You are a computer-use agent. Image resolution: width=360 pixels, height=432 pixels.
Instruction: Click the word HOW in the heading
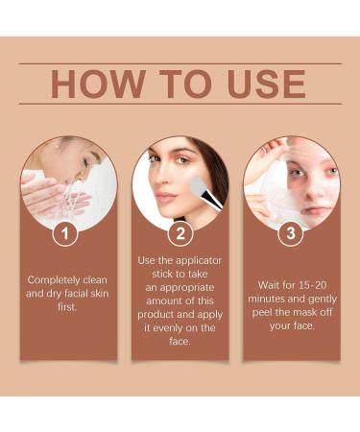pos(97,84)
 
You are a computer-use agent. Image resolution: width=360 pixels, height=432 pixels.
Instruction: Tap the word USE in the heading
pos(266,84)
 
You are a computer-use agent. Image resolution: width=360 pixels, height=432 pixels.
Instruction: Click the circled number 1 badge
pos(65,233)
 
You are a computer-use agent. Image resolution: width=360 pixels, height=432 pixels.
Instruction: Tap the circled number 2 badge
pos(180,233)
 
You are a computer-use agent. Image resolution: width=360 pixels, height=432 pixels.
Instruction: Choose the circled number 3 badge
pos(291,233)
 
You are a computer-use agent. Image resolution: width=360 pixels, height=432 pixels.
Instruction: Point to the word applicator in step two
pos(199,261)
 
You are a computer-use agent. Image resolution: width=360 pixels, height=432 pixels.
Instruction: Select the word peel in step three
pos(261,313)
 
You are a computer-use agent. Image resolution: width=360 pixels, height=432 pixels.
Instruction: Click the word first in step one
pos(67,307)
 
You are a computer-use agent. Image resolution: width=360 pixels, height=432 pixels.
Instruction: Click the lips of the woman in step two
pos(166,197)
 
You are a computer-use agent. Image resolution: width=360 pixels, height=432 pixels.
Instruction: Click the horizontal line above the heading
pos(180,63)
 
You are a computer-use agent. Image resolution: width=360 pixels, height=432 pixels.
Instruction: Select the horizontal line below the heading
pos(180,104)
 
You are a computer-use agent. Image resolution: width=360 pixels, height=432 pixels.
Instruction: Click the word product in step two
pos(156,315)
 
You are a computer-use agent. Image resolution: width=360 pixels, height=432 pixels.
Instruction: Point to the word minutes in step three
pos(267,299)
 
